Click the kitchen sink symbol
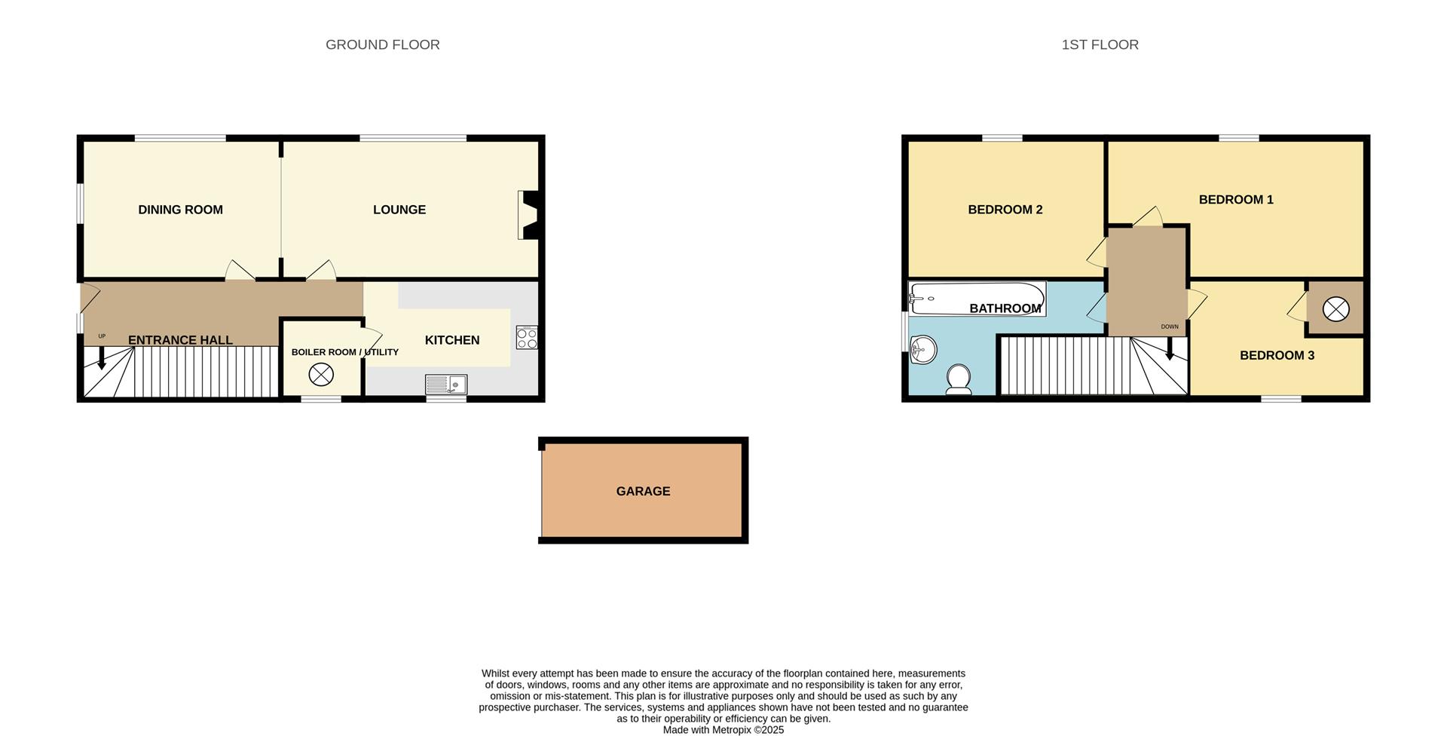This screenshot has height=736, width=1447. coord(446,385)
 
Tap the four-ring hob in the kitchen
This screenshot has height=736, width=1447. coord(527,337)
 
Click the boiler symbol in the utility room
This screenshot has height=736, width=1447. coord(321,374)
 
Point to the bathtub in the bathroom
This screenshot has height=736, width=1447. coord(977,298)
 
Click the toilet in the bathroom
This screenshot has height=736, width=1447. coord(959,380)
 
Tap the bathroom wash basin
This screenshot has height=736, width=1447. coord(922,350)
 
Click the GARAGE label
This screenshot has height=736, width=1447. coord(643,491)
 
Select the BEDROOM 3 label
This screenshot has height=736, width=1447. coord(1277,355)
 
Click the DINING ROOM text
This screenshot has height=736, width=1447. coord(180,210)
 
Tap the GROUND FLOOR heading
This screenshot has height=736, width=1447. coord(382,44)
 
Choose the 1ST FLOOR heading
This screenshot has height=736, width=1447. coord(1100,44)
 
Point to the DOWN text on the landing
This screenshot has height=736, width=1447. coord(1169,327)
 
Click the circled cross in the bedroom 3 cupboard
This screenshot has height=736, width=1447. coord(1335,309)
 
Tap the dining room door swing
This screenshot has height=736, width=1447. coord(240,271)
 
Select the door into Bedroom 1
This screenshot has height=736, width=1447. coord(1147,217)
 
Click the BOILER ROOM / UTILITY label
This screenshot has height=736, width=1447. coord(344,352)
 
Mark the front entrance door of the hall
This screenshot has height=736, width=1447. coord(88,297)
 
